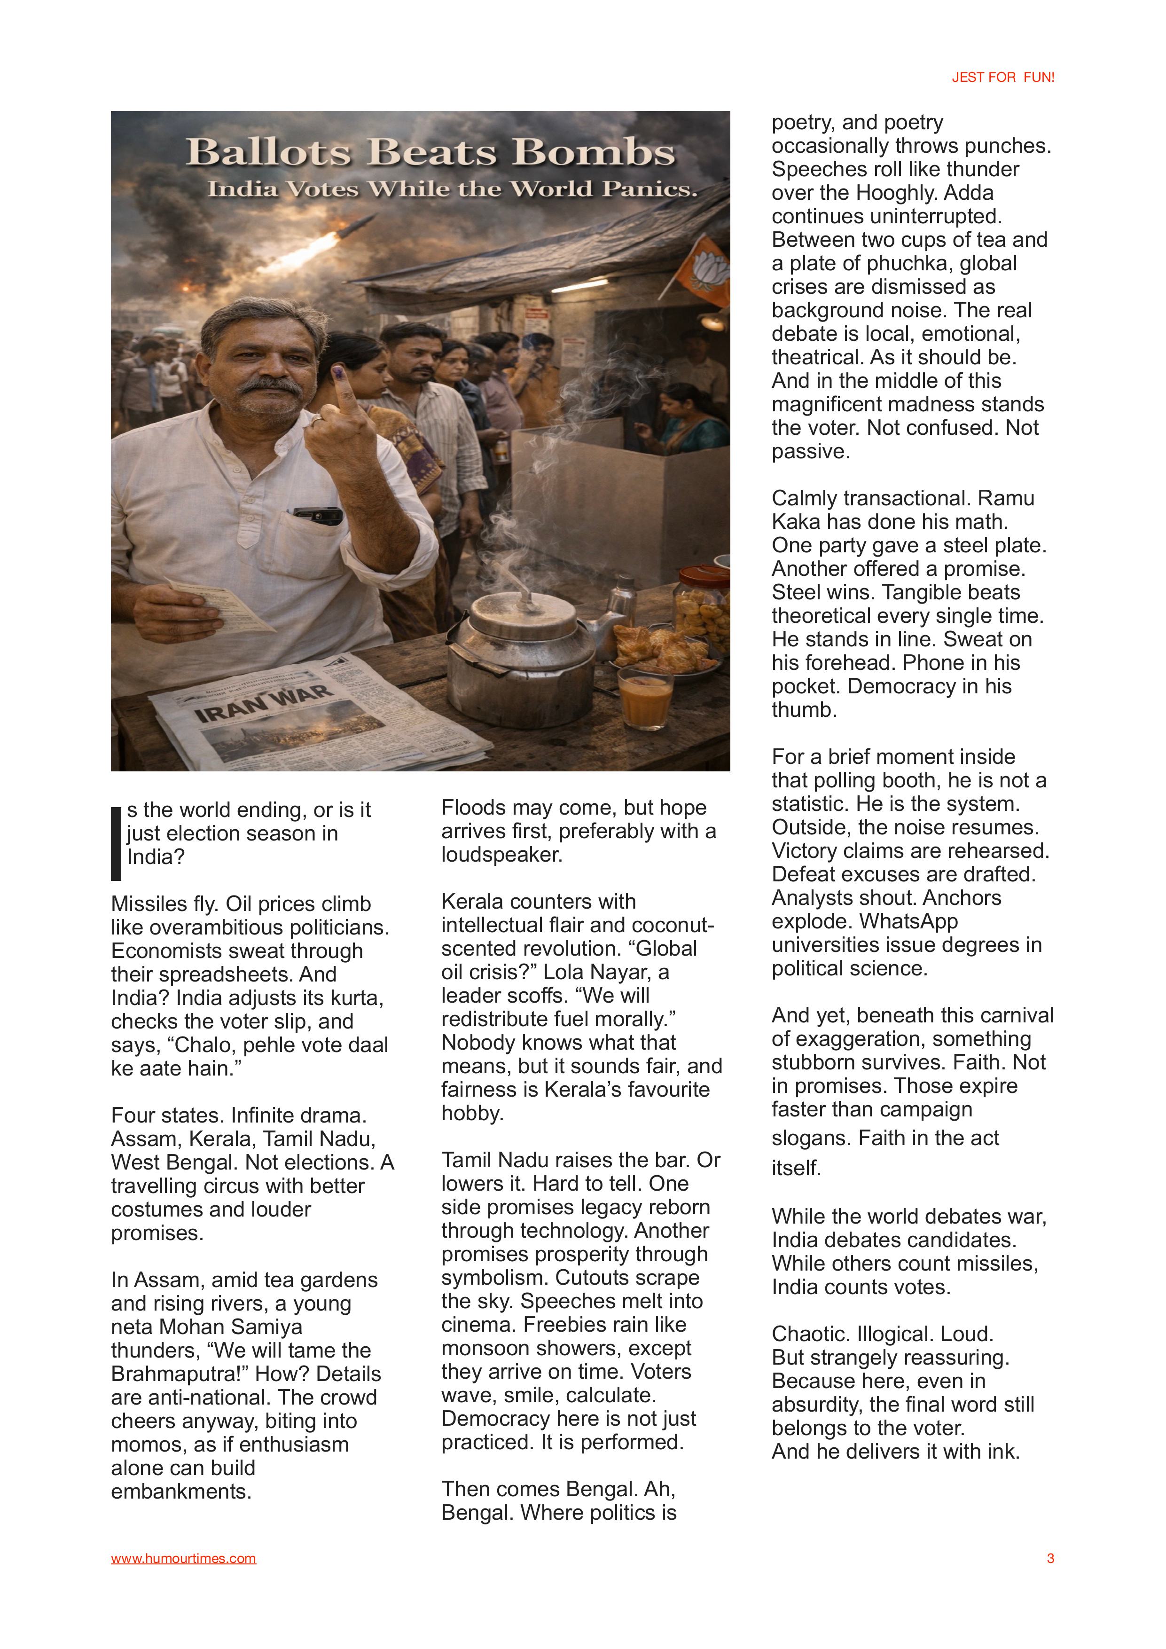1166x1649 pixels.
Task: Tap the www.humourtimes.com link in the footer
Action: pyautogui.click(x=183, y=1558)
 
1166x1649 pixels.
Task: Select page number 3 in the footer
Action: pyautogui.click(x=1050, y=1558)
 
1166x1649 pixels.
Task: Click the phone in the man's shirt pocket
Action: pyautogui.click(x=318, y=514)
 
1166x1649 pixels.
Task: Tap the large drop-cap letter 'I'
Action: pyautogui.click(x=116, y=843)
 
